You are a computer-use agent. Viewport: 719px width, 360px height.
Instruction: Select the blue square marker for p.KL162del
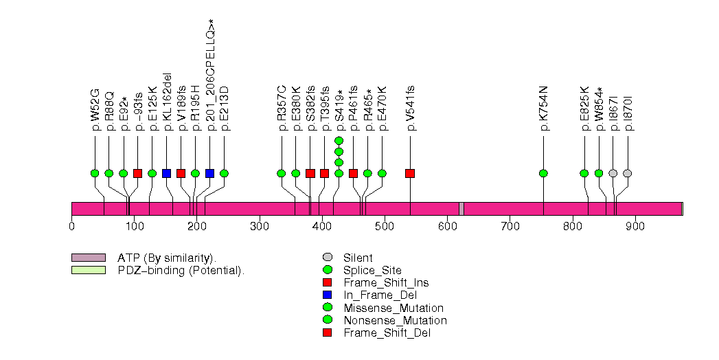pos(166,173)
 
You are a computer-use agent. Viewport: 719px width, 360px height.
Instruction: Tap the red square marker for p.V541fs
pos(410,173)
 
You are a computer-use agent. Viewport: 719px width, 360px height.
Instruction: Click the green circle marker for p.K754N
pos(543,173)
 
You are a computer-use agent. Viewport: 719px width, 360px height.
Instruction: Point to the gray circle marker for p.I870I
pos(627,173)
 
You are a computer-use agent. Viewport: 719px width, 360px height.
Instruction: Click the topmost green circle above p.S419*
pos(339,140)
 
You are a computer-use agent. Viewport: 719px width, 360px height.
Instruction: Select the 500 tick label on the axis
pos(385,226)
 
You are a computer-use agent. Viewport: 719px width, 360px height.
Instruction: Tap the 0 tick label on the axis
pos(72,226)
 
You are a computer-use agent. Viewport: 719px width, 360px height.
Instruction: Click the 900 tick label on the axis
pos(635,226)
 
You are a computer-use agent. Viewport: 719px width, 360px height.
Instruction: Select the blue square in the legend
pos(327,295)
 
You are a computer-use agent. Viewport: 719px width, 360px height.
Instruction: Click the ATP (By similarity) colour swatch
pos(88,258)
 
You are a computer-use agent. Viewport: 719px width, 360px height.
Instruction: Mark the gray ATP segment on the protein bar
pos(461,209)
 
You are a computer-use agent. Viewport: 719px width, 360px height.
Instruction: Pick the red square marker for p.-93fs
pos(137,173)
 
